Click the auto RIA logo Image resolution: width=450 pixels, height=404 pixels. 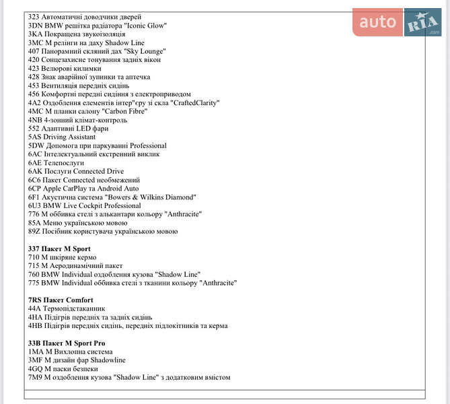click(x=396, y=23)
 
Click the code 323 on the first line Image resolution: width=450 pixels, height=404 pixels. click(x=34, y=16)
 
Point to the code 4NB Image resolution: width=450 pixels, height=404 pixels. click(x=35, y=120)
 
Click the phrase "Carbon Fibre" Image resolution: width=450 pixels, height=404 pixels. click(x=126, y=111)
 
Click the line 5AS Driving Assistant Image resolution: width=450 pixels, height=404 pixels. click(x=62, y=137)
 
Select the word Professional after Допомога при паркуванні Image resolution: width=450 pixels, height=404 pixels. click(x=148, y=145)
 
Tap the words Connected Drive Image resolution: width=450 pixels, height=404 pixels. click(x=98, y=171)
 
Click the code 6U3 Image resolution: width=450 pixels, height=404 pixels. click(x=34, y=205)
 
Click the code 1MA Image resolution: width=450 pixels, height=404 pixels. click(x=36, y=351)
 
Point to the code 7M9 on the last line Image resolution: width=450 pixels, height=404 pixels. click(x=36, y=377)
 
